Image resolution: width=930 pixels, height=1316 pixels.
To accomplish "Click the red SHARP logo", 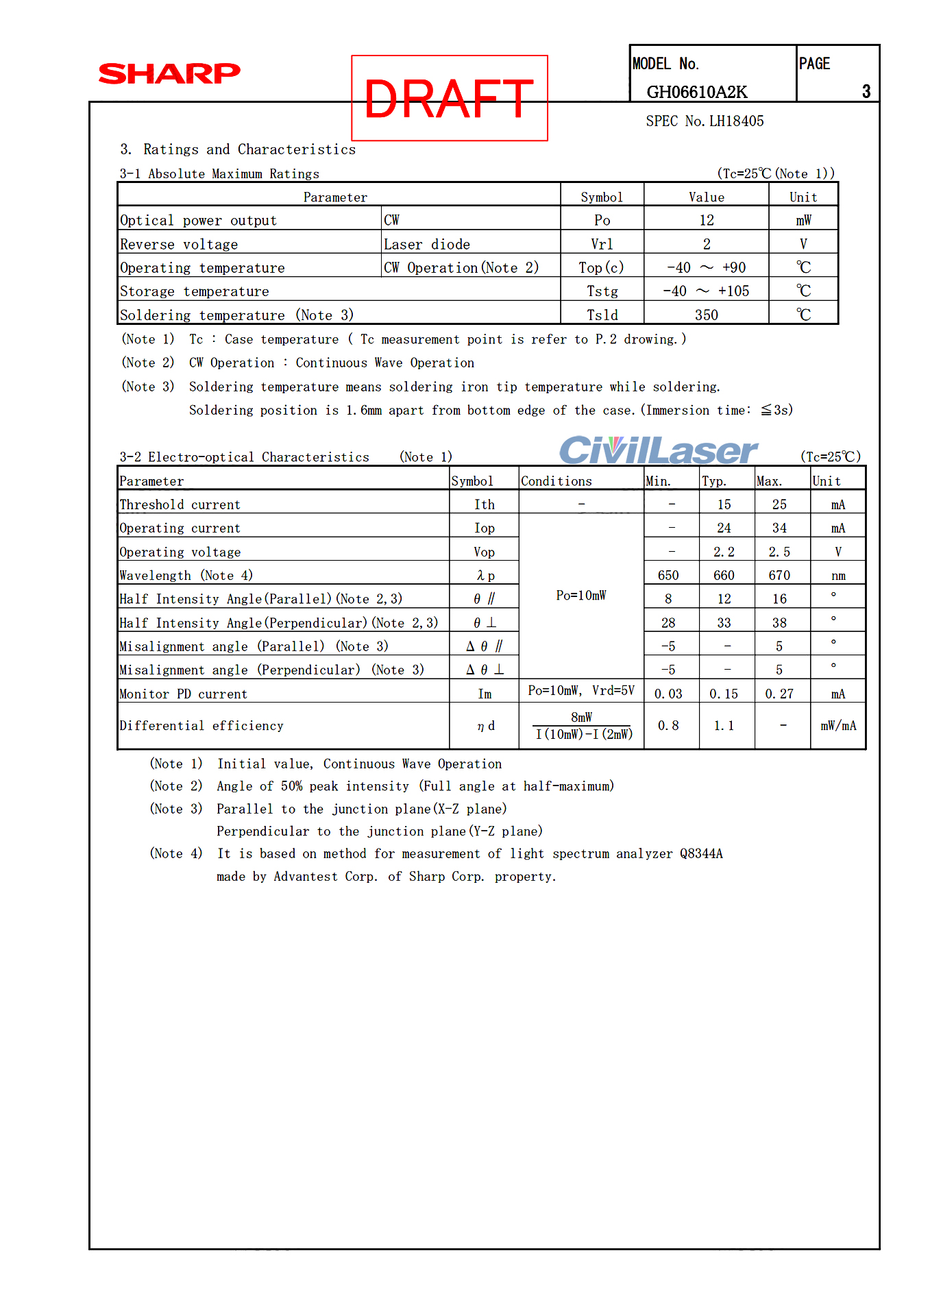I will coord(169,73).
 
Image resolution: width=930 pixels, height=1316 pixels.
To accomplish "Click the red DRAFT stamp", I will coord(449,99).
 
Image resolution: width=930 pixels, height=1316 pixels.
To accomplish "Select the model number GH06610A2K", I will coord(696,92).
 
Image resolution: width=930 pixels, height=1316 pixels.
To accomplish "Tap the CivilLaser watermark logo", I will coord(658,450).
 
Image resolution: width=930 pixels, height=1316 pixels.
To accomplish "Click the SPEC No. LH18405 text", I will coord(705,121).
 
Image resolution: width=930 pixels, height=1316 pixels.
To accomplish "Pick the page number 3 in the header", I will coord(866,92).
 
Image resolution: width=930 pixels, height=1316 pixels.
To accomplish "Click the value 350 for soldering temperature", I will coord(706,315).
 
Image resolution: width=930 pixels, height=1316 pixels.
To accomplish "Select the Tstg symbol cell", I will coord(602,291).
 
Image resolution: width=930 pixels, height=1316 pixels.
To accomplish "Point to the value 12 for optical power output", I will coord(706,221).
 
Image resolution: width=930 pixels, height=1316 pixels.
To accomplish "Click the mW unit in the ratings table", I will coord(803,221).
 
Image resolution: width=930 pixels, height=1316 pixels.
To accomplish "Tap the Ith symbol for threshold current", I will coord(484,505).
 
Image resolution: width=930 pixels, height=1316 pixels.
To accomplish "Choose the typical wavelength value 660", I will coord(724,576).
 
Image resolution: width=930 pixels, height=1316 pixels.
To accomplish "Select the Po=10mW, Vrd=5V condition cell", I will coord(581,691).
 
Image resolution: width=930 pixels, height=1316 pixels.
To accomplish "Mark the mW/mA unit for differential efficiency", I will coord(837,726).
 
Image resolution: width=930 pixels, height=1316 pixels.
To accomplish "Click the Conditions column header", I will coord(556,481).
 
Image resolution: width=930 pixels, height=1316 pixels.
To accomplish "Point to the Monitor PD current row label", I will coord(183,694).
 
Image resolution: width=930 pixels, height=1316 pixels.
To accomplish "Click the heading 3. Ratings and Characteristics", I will coord(238,149).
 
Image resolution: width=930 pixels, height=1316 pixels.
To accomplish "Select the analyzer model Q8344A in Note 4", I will coord(701,854).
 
